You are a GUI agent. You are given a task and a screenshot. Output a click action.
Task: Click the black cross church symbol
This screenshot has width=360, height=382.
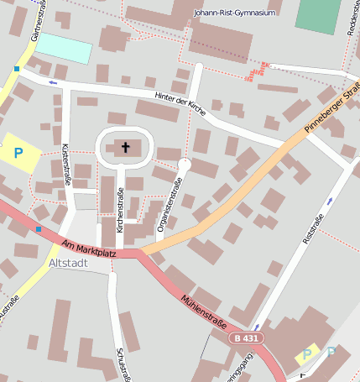(x=126, y=148)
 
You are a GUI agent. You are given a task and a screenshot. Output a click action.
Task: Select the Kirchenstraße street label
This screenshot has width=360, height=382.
(x=120, y=212)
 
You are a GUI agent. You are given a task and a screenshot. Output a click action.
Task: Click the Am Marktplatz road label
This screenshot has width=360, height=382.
(x=89, y=249)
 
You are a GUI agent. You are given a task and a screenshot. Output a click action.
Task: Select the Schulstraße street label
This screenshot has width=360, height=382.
(x=123, y=363)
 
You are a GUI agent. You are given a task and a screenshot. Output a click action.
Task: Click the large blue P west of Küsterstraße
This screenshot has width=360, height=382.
(x=18, y=154)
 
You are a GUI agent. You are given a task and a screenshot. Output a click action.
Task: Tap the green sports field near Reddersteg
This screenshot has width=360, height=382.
(x=318, y=16)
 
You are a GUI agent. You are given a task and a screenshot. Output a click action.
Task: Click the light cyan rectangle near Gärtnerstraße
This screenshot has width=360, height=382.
(x=64, y=48)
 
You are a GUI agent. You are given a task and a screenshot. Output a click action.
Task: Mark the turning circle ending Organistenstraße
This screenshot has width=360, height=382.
(x=185, y=165)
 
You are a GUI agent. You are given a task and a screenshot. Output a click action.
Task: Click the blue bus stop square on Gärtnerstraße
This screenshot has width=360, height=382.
(x=17, y=69)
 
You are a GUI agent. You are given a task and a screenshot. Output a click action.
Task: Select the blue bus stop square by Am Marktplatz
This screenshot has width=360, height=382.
(x=39, y=228)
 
